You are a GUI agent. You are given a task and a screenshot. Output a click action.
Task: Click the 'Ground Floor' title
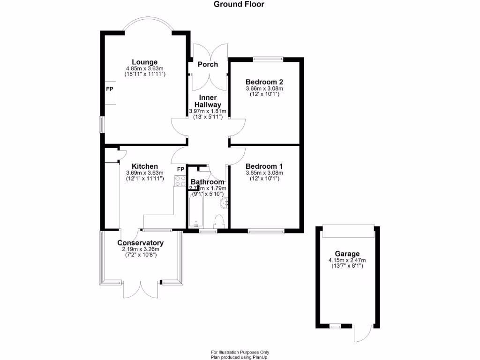point(239,5)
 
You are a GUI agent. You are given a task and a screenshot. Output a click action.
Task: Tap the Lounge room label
point(144,62)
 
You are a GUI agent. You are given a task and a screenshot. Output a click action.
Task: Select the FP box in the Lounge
point(109,89)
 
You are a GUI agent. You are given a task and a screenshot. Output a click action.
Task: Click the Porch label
point(208,64)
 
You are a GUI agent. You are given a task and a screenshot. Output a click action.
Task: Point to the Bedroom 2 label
point(264,82)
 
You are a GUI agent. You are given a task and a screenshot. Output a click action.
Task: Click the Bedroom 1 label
point(264,166)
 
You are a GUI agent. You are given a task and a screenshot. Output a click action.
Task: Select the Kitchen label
point(144,166)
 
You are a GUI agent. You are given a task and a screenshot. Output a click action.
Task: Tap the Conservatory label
point(140,243)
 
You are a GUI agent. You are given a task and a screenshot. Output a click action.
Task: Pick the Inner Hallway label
point(208,101)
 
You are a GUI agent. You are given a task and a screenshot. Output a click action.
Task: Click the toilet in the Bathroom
point(219,222)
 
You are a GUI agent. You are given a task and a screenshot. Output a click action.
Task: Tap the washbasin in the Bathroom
point(225,202)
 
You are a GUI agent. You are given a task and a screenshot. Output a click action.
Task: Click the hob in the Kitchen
point(180,181)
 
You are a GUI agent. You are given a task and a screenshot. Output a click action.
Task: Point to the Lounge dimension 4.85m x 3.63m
point(144,69)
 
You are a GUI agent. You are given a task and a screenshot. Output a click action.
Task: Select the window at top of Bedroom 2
point(269,60)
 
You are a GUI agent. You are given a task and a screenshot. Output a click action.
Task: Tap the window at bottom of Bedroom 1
point(266,231)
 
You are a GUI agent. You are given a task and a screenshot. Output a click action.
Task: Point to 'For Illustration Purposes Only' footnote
point(240,352)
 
